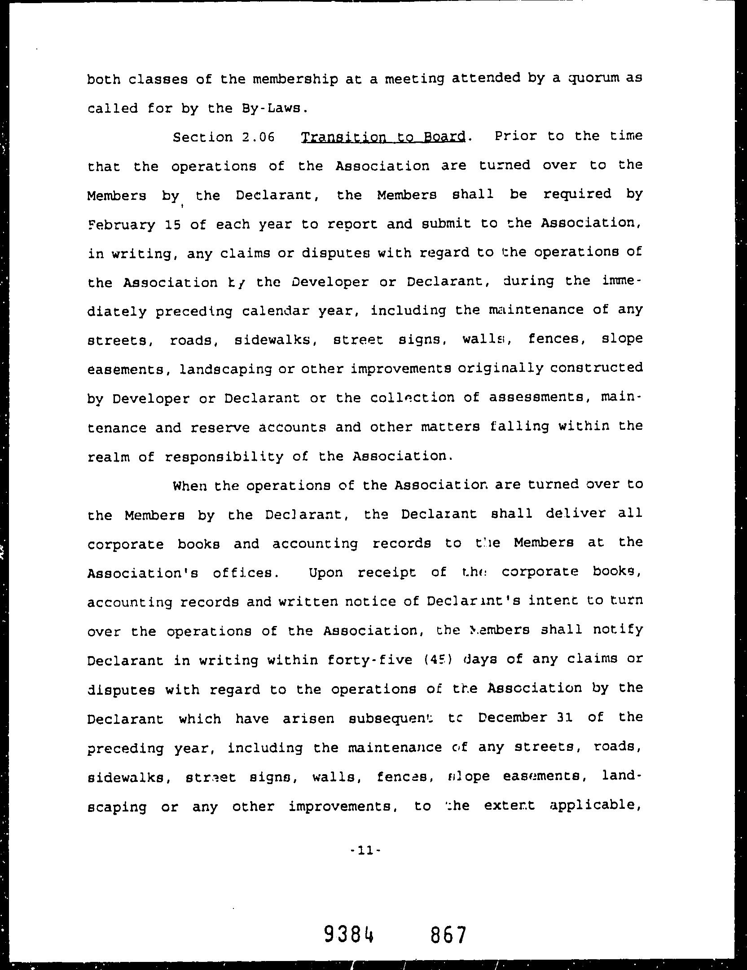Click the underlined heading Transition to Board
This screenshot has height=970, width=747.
coord(383,137)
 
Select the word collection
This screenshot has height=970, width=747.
coord(413,398)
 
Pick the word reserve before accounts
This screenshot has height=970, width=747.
coord(220,428)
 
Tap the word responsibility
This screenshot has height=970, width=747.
coord(224,457)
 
